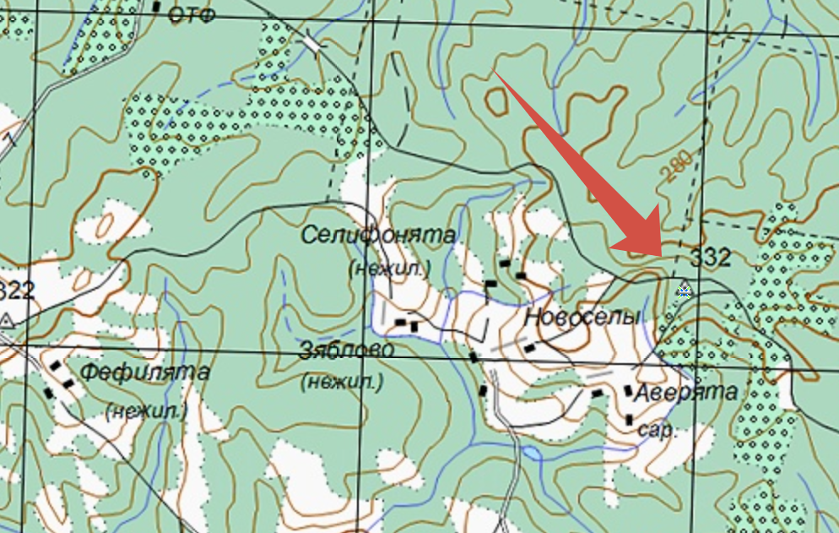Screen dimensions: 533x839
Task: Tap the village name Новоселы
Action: (x=582, y=318)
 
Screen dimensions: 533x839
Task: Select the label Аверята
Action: (x=685, y=392)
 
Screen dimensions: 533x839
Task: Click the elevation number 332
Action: (x=711, y=257)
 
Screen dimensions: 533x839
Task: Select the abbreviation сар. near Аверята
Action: (x=655, y=430)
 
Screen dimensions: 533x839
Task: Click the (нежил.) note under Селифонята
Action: (x=389, y=269)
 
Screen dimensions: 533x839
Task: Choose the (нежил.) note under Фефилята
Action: (x=146, y=411)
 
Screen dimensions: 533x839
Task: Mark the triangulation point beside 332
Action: (x=683, y=290)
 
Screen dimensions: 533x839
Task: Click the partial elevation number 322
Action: (x=18, y=291)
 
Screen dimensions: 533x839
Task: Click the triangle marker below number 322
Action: (x=7, y=319)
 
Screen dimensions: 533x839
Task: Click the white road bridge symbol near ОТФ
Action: (x=313, y=42)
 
